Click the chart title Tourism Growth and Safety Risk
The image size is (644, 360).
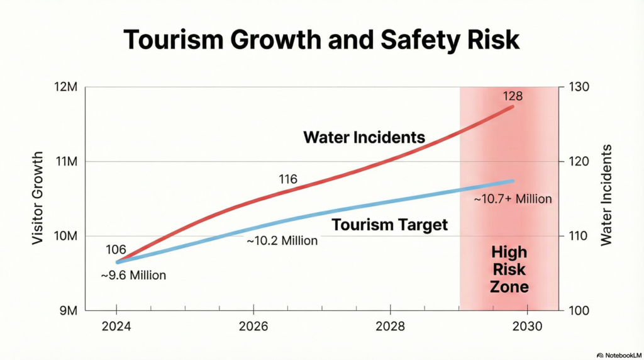coord(321,39)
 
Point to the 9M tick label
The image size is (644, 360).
coord(66,311)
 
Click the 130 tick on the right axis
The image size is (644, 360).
coord(579,87)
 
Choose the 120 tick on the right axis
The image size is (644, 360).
coord(579,162)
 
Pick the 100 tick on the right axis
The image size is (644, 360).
coord(579,311)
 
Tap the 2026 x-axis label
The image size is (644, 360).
coord(253,328)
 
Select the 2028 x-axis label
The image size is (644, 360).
coord(390,328)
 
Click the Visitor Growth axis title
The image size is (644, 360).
coord(38,198)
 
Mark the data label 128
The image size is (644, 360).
coord(513,97)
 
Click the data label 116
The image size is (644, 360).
coord(287,179)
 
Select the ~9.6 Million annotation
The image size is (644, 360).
coord(133,275)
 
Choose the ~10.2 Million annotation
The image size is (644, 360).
coord(282,240)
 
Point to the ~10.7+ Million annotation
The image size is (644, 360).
coord(513,199)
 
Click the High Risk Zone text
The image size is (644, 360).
coord(509,270)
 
